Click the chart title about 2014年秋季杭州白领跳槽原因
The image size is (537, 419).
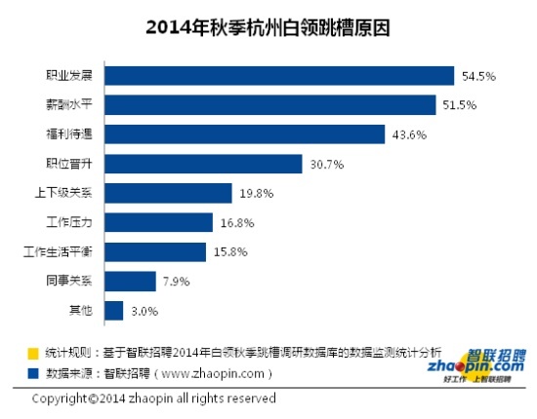pyautogui.click(x=268, y=25)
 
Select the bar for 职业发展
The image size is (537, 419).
pyautogui.click(x=279, y=75)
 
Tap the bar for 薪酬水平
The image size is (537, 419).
pyautogui.click(x=269, y=104)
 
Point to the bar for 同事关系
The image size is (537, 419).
pyautogui.click(x=130, y=282)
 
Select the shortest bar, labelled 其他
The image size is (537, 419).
pyautogui.click(x=114, y=311)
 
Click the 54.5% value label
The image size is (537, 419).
pyautogui.click(x=477, y=75)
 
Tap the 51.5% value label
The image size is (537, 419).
pyautogui.click(x=458, y=104)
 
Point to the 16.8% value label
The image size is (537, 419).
pyautogui.click(x=236, y=223)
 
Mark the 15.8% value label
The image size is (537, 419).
pyautogui.click(x=230, y=252)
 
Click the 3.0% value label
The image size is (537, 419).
pyautogui.click(x=143, y=312)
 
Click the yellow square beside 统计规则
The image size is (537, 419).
pyautogui.click(x=33, y=352)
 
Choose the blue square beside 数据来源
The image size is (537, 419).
pyautogui.click(x=33, y=371)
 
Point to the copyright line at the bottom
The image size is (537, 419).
pyautogui.click(x=154, y=399)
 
